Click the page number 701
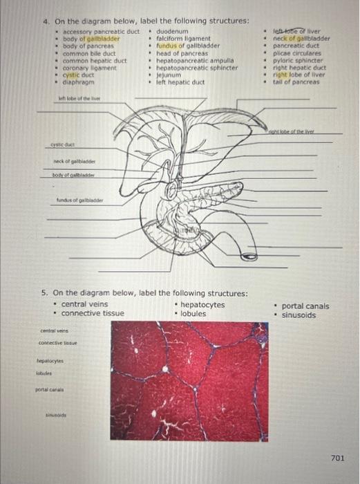(337, 458)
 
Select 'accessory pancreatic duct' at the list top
(101, 32)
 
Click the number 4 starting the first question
(46, 21)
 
